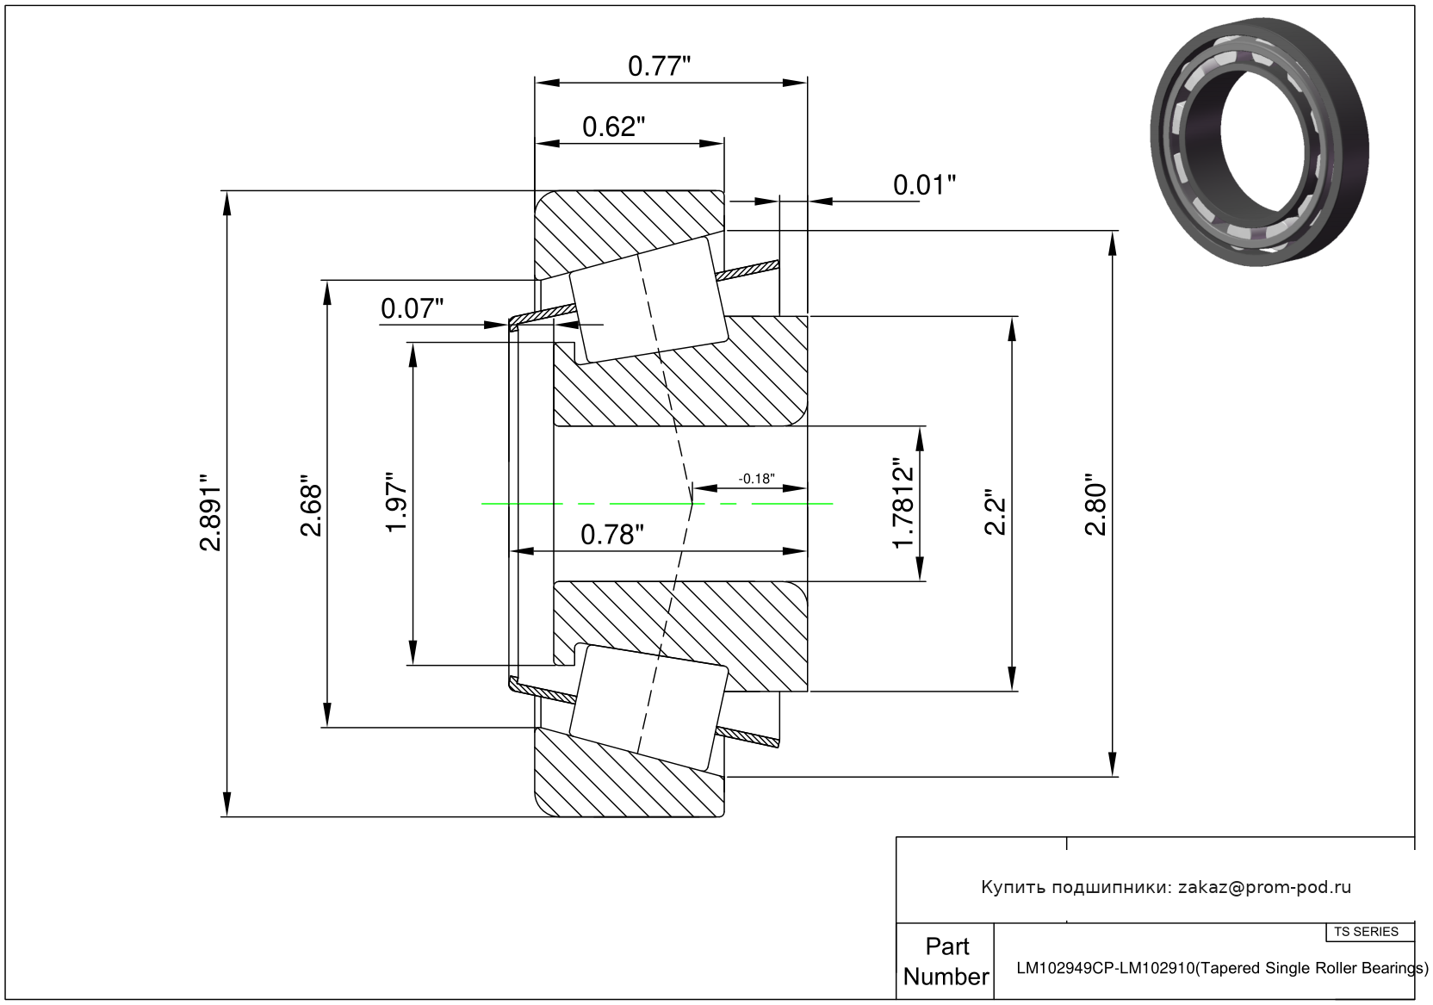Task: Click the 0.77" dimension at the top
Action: click(x=660, y=66)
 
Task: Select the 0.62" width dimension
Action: click(x=614, y=127)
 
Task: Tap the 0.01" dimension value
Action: click(x=925, y=185)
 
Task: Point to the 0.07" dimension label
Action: click(x=412, y=308)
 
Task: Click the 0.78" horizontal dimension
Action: click(x=612, y=535)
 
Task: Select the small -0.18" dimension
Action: click(x=757, y=479)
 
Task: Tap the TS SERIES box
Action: click(x=1366, y=932)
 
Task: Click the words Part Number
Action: click(x=946, y=961)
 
